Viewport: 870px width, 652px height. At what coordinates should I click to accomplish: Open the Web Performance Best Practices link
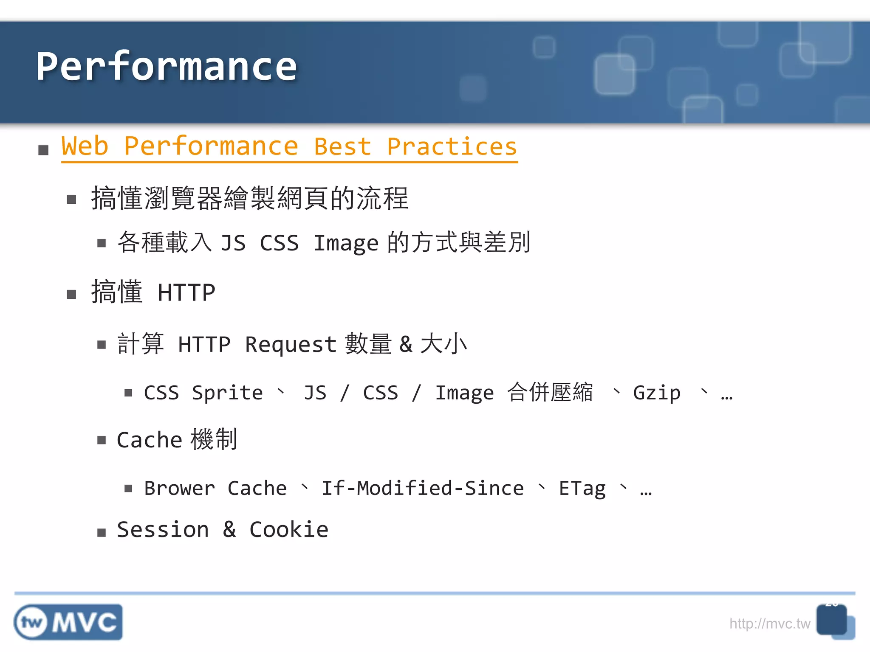point(289,146)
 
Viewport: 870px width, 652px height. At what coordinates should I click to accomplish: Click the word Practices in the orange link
point(452,146)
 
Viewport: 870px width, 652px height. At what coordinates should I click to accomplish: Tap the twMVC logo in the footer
point(68,622)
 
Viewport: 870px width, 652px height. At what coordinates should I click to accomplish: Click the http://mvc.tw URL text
point(769,624)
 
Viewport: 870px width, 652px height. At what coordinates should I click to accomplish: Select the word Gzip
point(656,393)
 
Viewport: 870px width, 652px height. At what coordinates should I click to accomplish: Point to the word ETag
point(582,489)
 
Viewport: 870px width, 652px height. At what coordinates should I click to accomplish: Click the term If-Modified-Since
point(422,488)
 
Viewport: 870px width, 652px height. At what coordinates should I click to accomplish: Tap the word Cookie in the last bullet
point(289,530)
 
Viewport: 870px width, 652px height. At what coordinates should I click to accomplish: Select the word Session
point(163,530)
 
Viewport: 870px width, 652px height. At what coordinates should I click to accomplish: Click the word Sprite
point(227,393)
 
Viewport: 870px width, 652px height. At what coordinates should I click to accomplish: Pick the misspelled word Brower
point(179,488)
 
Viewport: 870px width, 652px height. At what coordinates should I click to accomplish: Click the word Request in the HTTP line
point(291,344)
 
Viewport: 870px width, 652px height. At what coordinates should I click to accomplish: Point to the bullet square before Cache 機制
point(101,440)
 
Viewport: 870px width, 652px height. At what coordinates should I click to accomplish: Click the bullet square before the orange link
point(43,150)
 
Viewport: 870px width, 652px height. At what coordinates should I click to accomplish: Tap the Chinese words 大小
point(443,343)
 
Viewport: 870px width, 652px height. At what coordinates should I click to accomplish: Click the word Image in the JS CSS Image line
point(345,243)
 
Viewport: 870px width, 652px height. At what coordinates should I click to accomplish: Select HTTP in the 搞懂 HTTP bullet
point(186,292)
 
